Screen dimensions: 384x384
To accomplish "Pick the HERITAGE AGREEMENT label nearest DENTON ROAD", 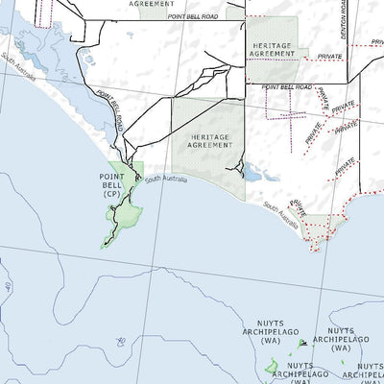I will pyautogui.click(x=273, y=49).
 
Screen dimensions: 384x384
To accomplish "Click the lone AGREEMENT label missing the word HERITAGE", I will pyautogui.click(x=151, y=4).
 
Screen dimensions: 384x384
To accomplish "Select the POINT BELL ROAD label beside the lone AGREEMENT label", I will pyautogui.click(x=191, y=16).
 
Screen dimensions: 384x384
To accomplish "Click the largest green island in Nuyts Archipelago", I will pyautogui.click(x=273, y=366).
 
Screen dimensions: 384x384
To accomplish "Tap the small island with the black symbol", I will pyautogui.click(x=302, y=343).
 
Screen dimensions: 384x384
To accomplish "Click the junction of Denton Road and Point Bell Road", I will pyautogui.click(x=346, y=84).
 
